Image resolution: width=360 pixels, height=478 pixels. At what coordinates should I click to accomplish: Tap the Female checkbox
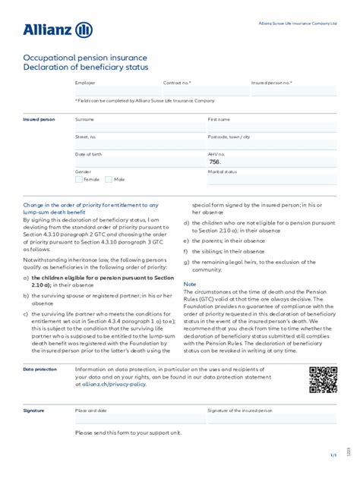79,180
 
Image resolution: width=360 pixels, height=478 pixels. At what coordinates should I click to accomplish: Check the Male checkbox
109,180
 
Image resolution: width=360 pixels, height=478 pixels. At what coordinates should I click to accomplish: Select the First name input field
272,127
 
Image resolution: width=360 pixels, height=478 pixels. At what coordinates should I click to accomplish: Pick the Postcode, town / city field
272,145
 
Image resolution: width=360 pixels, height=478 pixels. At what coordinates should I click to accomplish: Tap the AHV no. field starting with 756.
272,162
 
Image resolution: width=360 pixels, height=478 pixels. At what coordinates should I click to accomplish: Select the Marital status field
272,181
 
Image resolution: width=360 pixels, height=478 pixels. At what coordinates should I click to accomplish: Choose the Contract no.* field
205,91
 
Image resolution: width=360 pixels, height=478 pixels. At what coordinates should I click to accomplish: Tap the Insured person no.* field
293,91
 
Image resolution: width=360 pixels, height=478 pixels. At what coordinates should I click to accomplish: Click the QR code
323,379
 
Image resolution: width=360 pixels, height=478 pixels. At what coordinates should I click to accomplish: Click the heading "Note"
189,285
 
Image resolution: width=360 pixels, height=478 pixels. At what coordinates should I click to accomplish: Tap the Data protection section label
39,370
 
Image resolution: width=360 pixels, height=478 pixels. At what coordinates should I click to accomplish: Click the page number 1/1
333,455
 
